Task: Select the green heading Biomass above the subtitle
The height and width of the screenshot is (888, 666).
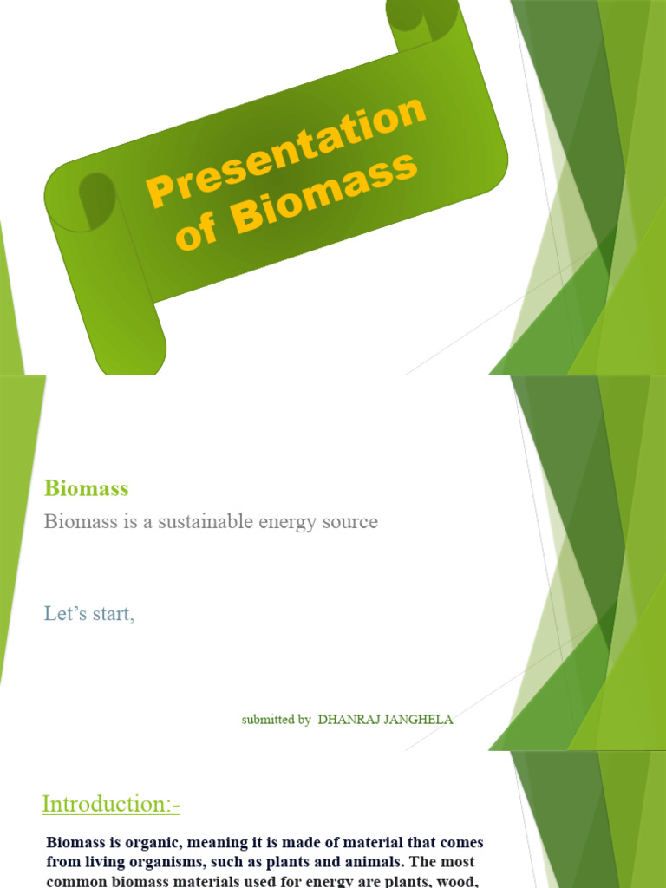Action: (86, 488)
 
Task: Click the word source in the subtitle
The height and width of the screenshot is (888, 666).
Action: (349, 522)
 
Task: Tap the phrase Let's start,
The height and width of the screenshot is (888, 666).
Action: (89, 614)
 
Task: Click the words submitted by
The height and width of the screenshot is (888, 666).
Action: (276, 720)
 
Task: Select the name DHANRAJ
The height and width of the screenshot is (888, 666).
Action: (347, 720)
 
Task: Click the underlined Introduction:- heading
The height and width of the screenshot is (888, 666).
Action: (111, 805)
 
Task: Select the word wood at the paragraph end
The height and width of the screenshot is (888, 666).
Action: (463, 881)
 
